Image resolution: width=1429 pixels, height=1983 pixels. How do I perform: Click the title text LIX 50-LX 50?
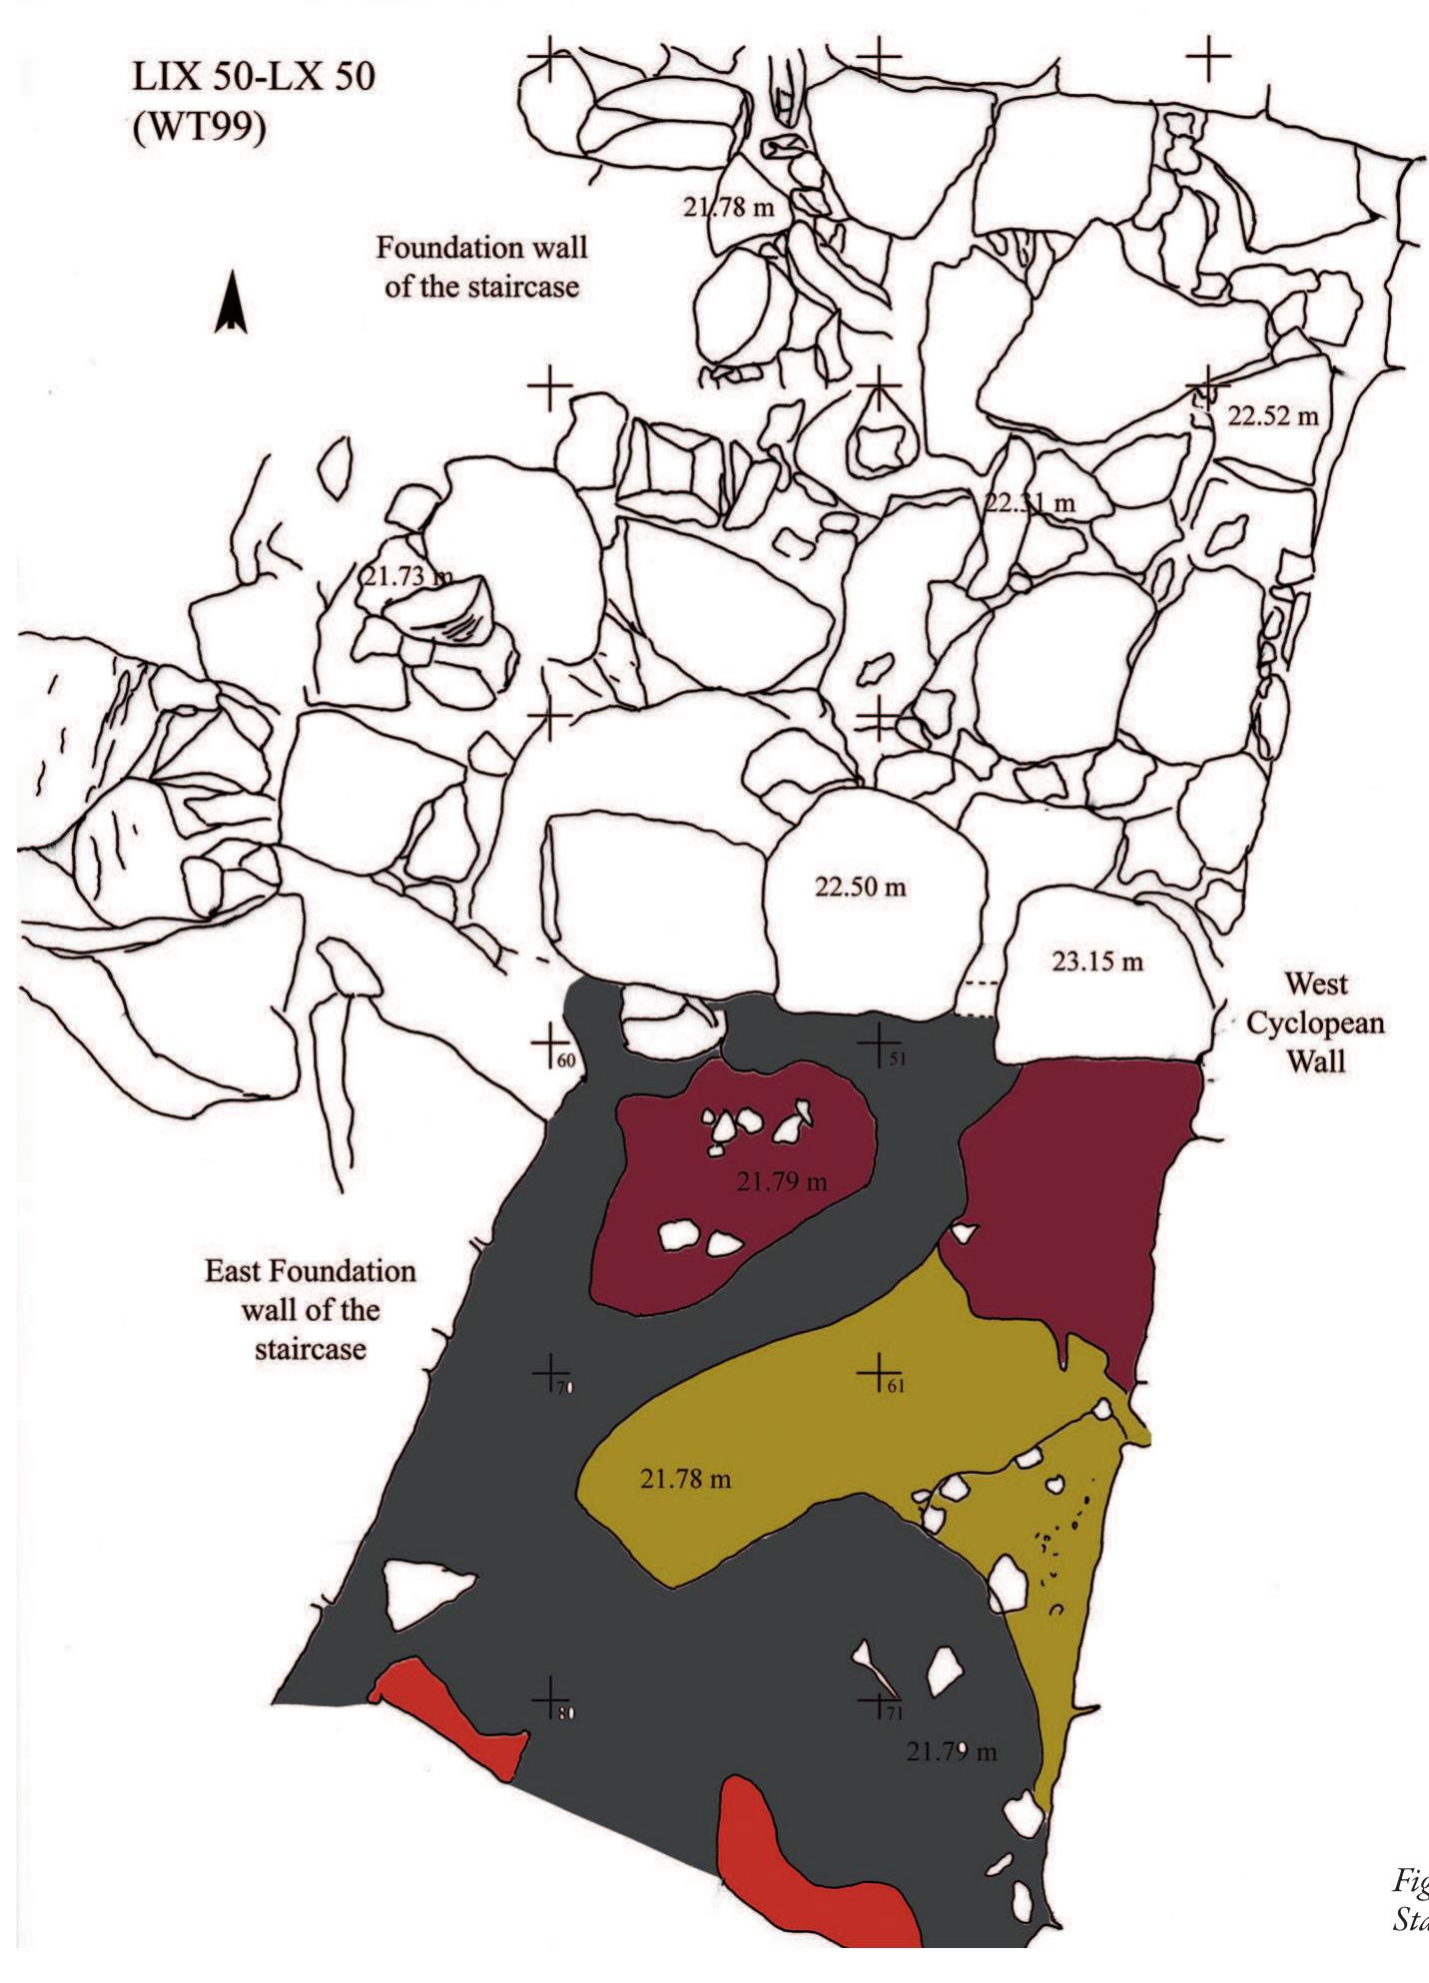pos(254,77)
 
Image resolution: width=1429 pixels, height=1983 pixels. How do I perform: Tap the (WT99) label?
pos(200,128)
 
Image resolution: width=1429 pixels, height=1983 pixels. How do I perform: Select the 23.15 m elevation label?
pos(1097,962)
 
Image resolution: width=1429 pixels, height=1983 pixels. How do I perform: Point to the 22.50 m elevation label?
pos(861,887)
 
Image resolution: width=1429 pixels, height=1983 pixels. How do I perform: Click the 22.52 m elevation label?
pos(1273,416)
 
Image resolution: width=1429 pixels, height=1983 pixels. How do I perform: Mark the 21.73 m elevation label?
pos(405,576)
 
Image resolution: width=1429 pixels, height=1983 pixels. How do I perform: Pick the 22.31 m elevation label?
pos(1031,503)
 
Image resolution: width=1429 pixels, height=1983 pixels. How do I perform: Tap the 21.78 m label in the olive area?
pos(685,1479)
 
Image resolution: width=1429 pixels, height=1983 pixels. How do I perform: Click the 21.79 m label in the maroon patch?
pos(782,1182)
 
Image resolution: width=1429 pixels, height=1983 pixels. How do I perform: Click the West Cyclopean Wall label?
pos(1315,1022)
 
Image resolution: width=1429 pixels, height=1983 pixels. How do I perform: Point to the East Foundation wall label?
pos(311,1310)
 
